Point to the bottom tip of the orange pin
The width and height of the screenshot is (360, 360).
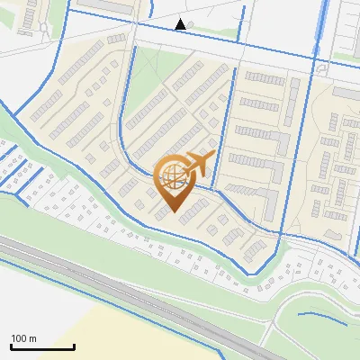click(173, 211)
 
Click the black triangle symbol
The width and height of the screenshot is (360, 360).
click(181, 24)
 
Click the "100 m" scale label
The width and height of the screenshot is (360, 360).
click(23, 338)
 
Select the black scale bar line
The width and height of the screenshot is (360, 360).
click(42, 346)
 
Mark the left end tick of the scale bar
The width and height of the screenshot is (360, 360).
click(11, 346)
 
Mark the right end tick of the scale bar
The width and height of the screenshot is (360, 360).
click(74, 346)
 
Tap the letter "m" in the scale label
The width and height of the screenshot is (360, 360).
click(32, 338)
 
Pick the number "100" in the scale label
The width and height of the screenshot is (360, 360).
click(19, 338)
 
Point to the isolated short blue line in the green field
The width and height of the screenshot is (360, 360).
click(322, 317)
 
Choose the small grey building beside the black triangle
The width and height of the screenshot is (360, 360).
click(190, 23)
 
